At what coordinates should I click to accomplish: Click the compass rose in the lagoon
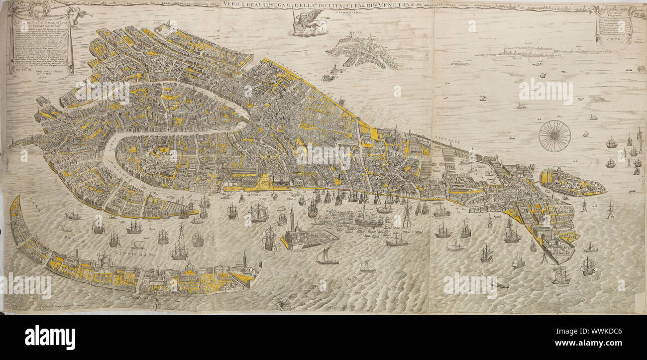click(554, 136)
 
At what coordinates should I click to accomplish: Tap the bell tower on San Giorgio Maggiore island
click(292, 219)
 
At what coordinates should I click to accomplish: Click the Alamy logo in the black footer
click(50, 338)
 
